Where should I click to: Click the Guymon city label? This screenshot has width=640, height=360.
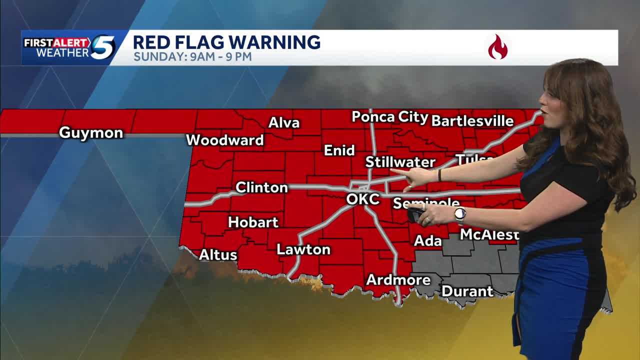[x=91, y=133]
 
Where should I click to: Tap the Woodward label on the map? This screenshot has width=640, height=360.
[x=225, y=140]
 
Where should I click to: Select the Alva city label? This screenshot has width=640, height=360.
[x=284, y=123]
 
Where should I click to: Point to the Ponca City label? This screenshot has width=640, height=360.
[x=390, y=117]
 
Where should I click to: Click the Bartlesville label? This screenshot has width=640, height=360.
[x=472, y=121]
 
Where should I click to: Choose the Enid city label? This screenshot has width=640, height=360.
[x=339, y=150]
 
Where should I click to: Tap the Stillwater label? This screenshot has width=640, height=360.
[x=400, y=162]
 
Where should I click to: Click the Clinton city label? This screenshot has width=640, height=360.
[x=261, y=187]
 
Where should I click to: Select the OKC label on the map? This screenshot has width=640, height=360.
[x=363, y=199]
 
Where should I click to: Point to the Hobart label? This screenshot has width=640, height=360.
[x=253, y=222]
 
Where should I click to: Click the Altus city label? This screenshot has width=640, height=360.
[x=218, y=255]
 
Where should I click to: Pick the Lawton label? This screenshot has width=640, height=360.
[x=303, y=249]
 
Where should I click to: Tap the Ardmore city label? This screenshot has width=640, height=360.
[x=398, y=280]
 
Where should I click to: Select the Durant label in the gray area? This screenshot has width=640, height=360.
[x=467, y=291]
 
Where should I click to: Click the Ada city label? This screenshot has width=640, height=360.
[x=428, y=241]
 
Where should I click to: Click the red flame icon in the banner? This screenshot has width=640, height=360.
[x=497, y=47]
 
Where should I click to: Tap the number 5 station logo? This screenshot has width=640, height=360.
[x=102, y=48]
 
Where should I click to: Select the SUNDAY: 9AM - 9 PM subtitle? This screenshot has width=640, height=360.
[x=192, y=56]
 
